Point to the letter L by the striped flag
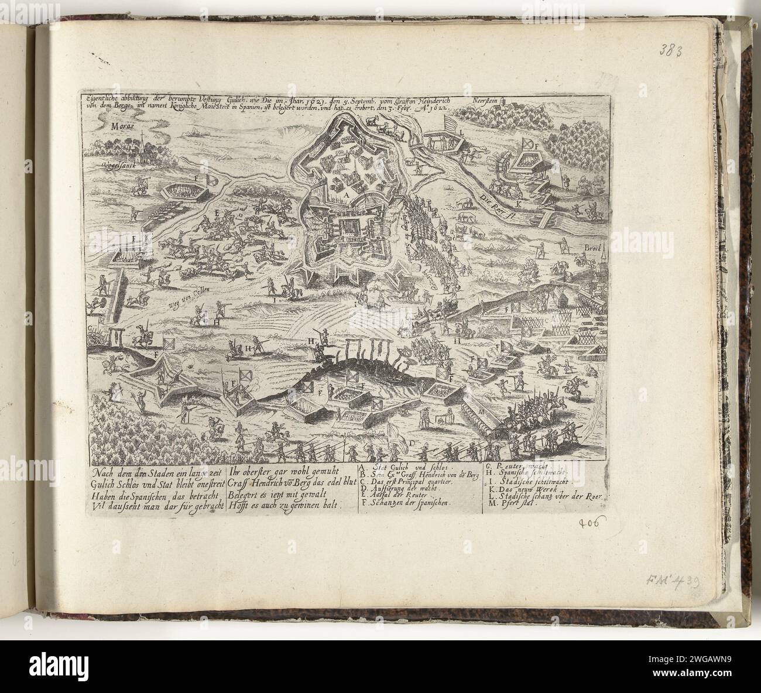[462, 133]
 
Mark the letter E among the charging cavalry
[217, 214]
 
